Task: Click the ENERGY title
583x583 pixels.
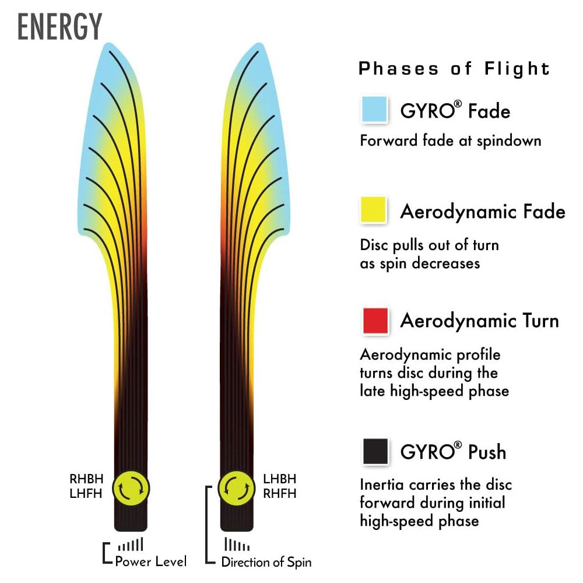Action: (60, 26)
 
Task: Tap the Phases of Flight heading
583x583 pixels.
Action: (454, 69)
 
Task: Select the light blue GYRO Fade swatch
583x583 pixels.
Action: (374, 110)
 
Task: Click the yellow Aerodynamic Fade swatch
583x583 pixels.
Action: (374, 210)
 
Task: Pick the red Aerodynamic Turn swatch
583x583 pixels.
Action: (375, 321)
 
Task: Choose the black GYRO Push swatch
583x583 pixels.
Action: (375, 451)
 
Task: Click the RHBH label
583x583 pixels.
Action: (86, 479)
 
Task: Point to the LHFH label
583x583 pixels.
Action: (86, 494)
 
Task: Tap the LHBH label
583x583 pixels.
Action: (280, 479)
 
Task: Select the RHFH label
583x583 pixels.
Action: (280, 494)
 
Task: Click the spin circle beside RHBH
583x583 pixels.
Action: (131, 489)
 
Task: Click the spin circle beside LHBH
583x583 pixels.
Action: (237, 489)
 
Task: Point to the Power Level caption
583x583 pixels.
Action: (151, 561)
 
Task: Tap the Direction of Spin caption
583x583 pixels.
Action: (266, 562)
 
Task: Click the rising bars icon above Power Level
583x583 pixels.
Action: (131, 545)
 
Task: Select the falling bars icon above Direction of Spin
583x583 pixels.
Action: (237, 545)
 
